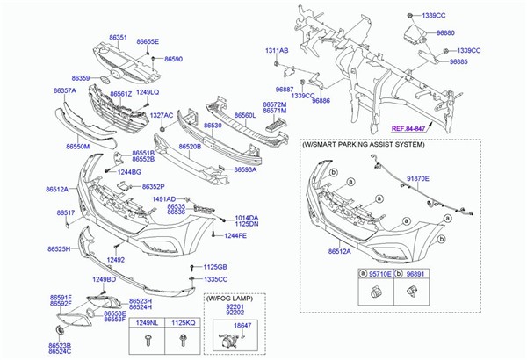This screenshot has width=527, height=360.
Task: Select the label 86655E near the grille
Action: [148, 41]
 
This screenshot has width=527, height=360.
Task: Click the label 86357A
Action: [65, 90]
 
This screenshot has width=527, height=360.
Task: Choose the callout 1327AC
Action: [162, 115]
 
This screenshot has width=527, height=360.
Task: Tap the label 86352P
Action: [155, 186]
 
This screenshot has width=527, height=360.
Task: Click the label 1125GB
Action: [215, 267]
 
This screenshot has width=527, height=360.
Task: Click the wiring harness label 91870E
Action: [417, 177]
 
